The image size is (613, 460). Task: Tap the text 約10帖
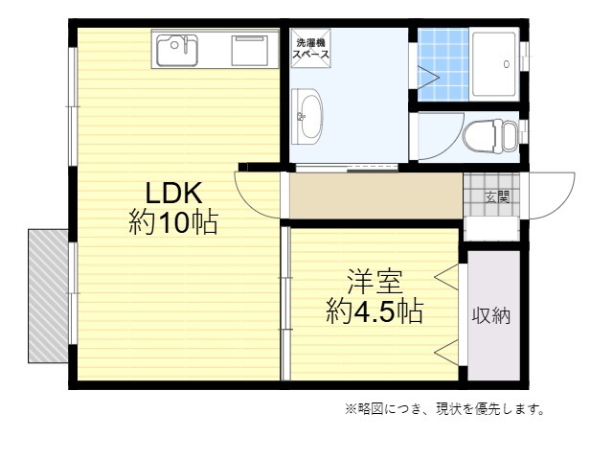click(172, 223)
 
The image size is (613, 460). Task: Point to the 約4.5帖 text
click(375, 311)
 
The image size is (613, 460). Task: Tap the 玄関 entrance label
click(496, 197)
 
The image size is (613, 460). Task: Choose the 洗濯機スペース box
click(311, 49)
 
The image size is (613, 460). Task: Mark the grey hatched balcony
click(47, 294)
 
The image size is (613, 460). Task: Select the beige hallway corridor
click(375, 197)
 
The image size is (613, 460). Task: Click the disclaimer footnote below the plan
click(444, 409)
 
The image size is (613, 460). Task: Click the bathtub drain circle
click(504, 64)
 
